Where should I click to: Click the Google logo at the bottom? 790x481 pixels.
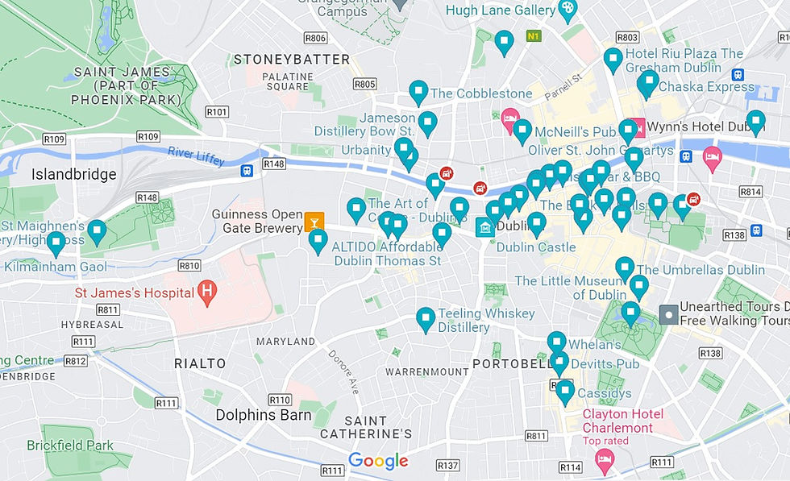[378, 461]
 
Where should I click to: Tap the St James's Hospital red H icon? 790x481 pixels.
[207, 292]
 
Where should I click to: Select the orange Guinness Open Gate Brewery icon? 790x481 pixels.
[314, 220]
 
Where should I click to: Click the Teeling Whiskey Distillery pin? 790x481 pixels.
[425, 319]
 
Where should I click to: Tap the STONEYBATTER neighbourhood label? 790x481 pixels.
[291, 60]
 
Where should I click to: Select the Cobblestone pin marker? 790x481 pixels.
[418, 92]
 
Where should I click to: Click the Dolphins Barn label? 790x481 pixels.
[264, 416]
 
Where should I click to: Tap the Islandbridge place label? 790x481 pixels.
[73, 174]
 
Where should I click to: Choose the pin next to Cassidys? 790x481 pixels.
[565, 392]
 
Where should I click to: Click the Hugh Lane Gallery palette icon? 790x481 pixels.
[568, 10]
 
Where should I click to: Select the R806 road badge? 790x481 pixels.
[315, 38]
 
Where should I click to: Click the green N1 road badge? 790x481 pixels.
[532, 36]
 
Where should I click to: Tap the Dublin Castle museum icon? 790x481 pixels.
[484, 228]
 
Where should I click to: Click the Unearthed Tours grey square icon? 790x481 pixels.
[668, 314]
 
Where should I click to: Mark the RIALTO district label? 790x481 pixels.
[201, 364]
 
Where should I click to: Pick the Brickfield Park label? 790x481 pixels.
[70, 445]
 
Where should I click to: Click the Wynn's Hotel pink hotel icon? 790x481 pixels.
[636, 127]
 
